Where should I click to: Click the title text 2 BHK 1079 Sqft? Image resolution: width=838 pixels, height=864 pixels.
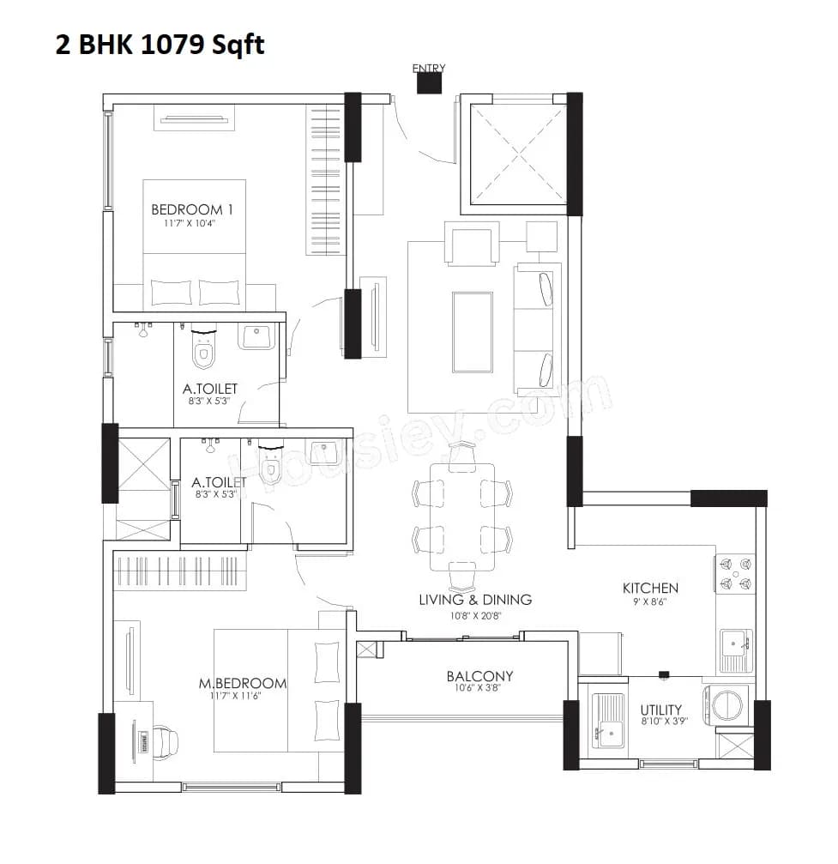point(160,45)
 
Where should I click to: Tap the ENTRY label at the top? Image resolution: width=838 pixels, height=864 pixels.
point(429,68)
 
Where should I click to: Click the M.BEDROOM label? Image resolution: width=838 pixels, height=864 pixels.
point(243,683)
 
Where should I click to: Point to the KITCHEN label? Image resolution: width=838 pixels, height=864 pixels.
point(650,588)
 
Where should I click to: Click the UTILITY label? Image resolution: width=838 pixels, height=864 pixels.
point(660,710)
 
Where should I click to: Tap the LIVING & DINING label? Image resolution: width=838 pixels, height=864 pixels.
point(474,599)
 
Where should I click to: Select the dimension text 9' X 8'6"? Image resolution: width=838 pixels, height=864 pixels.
point(650,601)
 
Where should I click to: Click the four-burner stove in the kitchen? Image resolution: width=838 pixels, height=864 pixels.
point(735,574)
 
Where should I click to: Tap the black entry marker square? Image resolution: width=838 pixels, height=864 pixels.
point(429,83)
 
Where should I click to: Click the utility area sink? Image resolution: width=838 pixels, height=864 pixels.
point(611,721)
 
